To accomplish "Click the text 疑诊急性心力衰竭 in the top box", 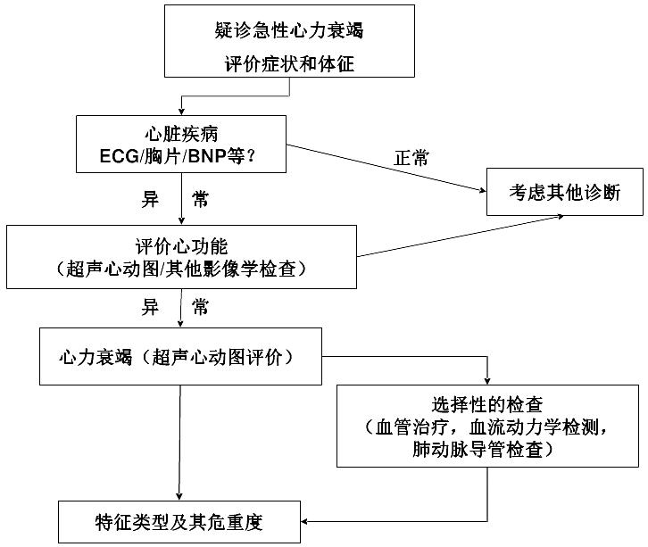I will coord(289,30).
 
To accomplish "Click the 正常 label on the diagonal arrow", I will coord(411,159).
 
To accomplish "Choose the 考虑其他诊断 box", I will coord(564,191).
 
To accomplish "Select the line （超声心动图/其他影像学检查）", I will coord(181,267).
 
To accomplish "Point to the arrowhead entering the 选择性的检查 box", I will coord(487,378).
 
